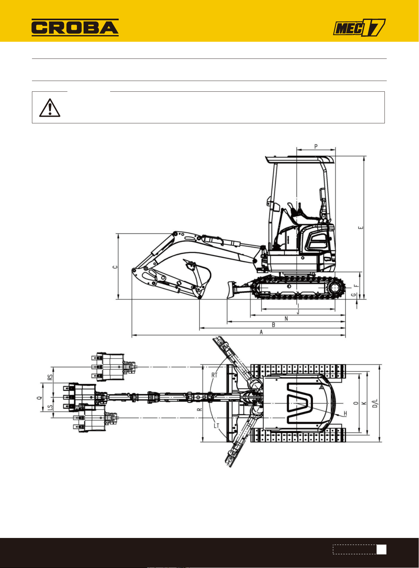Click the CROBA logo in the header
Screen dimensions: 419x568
click(x=75, y=28)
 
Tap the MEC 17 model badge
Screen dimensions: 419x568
click(x=359, y=28)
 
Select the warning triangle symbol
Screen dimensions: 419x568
click(x=50, y=108)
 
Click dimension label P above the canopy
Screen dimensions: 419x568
click(x=316, y=146)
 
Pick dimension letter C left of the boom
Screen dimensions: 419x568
click(x=116, y=267)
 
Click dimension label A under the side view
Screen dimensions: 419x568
click(x=261, y=332)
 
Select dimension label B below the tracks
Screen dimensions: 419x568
click(x=273, y=325)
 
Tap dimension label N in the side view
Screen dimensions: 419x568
click(x=286, y=318)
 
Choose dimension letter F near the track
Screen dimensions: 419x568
click(x=357, y=285)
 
